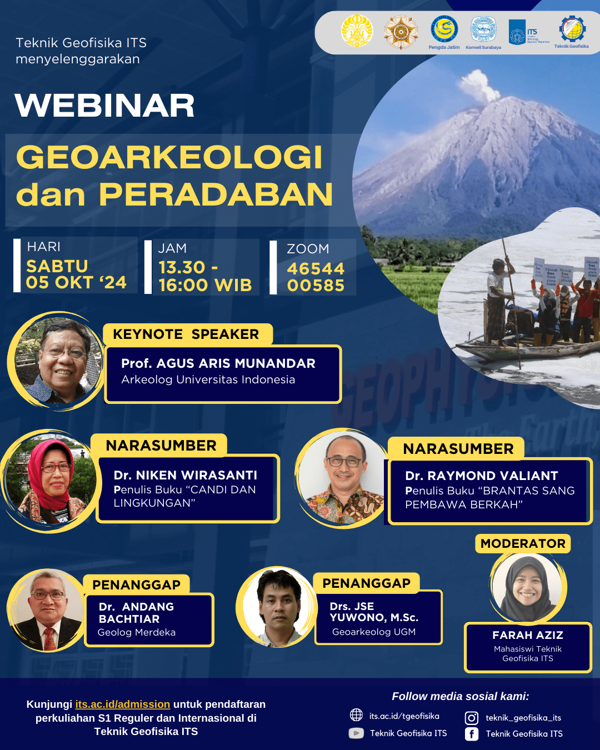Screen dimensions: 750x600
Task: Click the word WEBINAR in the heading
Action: pyautogui.click(x=105, y=106)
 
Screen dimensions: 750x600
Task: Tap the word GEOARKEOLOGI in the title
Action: pyautogui.click(x=169, y=157)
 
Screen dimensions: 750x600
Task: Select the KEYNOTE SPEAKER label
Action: pyautogui.click(x=186, y=334)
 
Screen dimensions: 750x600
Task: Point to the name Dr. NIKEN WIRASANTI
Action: pyautogui.click(x=186, y=475)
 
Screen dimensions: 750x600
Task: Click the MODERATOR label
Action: pyautogui.click(x=523, y=543)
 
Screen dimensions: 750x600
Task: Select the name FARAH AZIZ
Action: pyautogui.click(x=528, y=635)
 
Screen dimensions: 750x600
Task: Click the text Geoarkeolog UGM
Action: pyautogui.click(x=374, y=632)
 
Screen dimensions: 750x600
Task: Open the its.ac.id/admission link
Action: pyautogui.click(x=123, y=704)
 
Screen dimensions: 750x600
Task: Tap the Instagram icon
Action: pyautogui.click(x=472, y=718)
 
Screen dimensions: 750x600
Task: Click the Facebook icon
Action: pyautogui.click(x=472, y=734)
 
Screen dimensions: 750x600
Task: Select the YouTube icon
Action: pyautogui.click(x=356, y=733)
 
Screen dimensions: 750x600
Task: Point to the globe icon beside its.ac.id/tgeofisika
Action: pyautogui.click(x=356, y=715)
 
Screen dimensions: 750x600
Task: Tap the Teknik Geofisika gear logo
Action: pyautogui.click(x=572, y=28)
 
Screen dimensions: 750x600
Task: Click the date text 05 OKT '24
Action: pyautogui.click(x=76, y=283)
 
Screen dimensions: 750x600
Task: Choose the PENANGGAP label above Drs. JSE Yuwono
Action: pyautogui.click(x=366, y=583)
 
